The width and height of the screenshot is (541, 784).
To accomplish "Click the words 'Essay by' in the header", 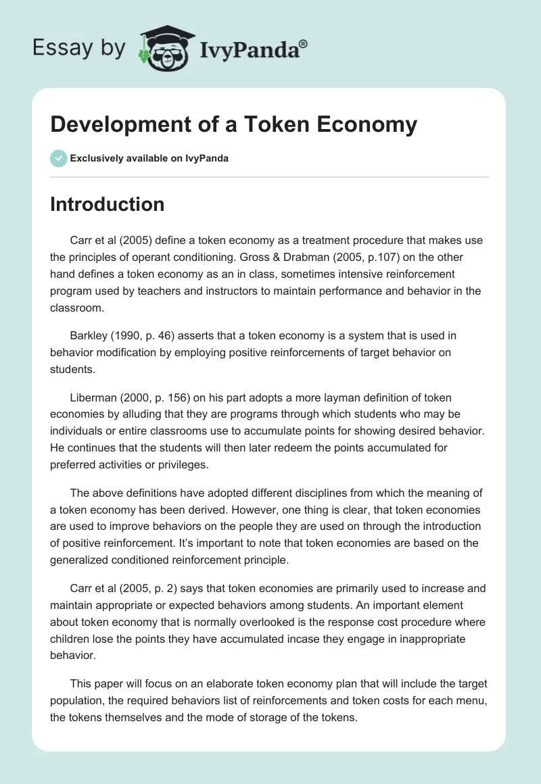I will [x=78, y=49].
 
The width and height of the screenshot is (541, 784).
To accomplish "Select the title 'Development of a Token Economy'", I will [x=233, y=124].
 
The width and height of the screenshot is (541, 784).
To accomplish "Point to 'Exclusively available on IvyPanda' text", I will [x=149, y=158].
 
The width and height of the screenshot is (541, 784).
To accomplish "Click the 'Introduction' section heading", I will [x=107, y=204].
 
